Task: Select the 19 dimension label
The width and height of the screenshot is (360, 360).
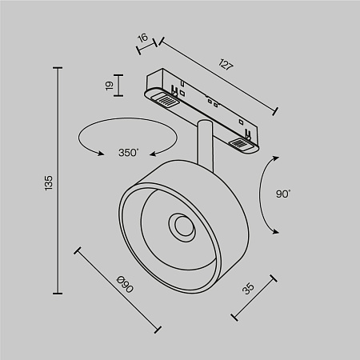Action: [x=109, y=85]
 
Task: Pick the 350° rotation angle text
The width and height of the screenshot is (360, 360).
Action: [x=127, y=152]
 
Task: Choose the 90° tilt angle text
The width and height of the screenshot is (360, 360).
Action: [x=283, y=193]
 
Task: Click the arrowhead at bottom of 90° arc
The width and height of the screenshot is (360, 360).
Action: [x=275, y=231]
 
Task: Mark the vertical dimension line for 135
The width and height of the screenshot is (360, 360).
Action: [x=59, y=182]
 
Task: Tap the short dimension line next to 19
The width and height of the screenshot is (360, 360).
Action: [x=119, y=85]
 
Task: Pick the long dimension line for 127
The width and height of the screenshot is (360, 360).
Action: [x=218, y=75]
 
